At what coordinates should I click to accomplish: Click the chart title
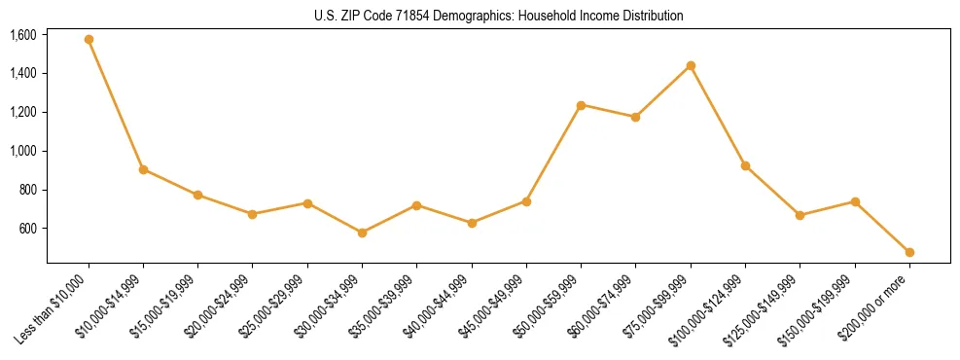pos(499,17)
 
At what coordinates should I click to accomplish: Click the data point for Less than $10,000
pos(89,40)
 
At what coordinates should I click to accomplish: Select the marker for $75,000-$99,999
pos(691,65)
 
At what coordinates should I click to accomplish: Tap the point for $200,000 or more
pos(909,252)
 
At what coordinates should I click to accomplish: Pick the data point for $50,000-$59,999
pos(581,105)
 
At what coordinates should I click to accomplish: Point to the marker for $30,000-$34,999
pos(362,233)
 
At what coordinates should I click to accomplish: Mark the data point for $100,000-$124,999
pos(745,166)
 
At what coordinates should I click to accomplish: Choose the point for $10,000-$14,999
pos(143,169)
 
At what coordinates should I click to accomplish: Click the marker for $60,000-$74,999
pos(635,117)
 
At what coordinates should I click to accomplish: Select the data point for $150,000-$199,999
pos(855,201)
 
